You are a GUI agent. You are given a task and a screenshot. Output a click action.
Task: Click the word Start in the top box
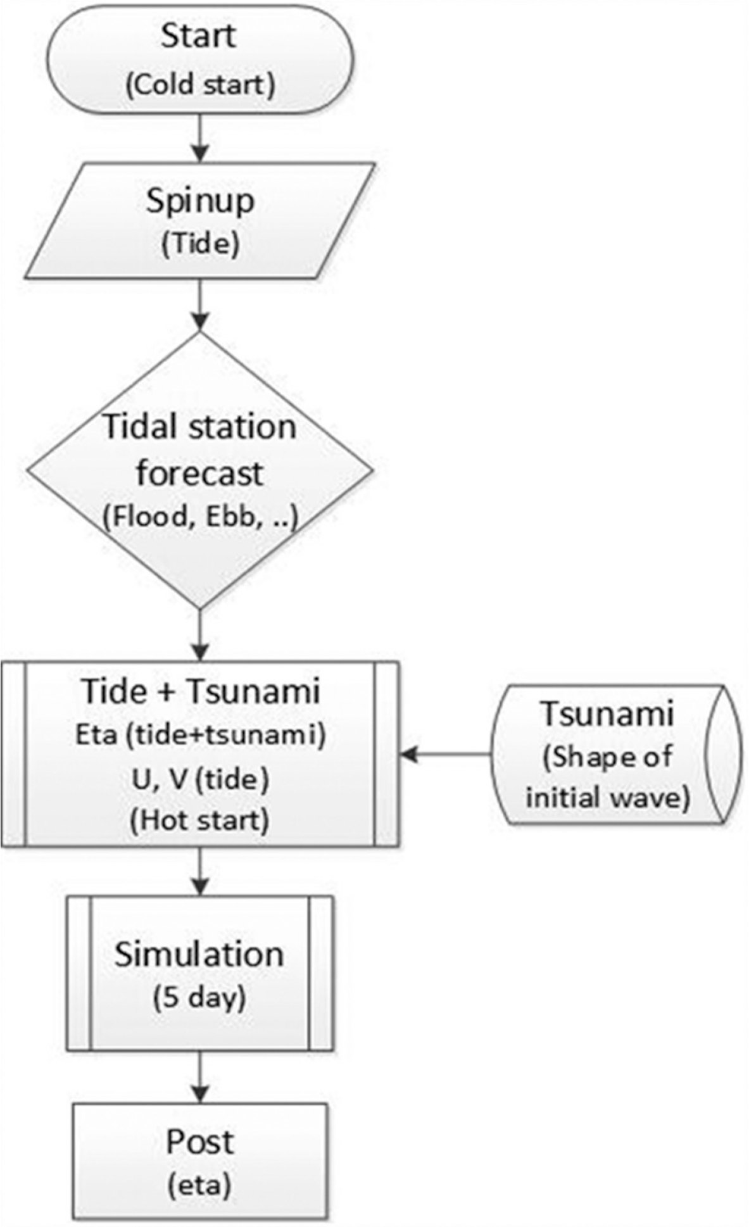click(198, 37)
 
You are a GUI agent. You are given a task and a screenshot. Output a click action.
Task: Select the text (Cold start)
click(200, 84)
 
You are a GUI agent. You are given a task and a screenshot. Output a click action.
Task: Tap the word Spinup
click(200, 201)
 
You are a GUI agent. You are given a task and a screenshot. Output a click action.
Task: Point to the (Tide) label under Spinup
click(200, 244)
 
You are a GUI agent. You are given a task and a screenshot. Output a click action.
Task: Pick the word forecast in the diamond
click(200, 474)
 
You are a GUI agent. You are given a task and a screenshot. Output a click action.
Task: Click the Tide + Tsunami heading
click(200, 691)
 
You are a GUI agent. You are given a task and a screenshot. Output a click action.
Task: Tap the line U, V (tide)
click(200, 778)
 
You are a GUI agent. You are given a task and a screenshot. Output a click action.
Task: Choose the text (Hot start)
click(200, 821)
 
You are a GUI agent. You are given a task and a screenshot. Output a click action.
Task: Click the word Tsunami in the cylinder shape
click(606, 714)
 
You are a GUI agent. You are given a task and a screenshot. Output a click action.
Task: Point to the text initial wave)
click(607, 798)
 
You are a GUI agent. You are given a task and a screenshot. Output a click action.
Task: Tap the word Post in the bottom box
click(199, 1142)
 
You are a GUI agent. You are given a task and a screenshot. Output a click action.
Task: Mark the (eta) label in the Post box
click(199, 1183)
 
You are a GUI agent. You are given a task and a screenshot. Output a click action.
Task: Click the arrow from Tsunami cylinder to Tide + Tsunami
click(446, 754)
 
